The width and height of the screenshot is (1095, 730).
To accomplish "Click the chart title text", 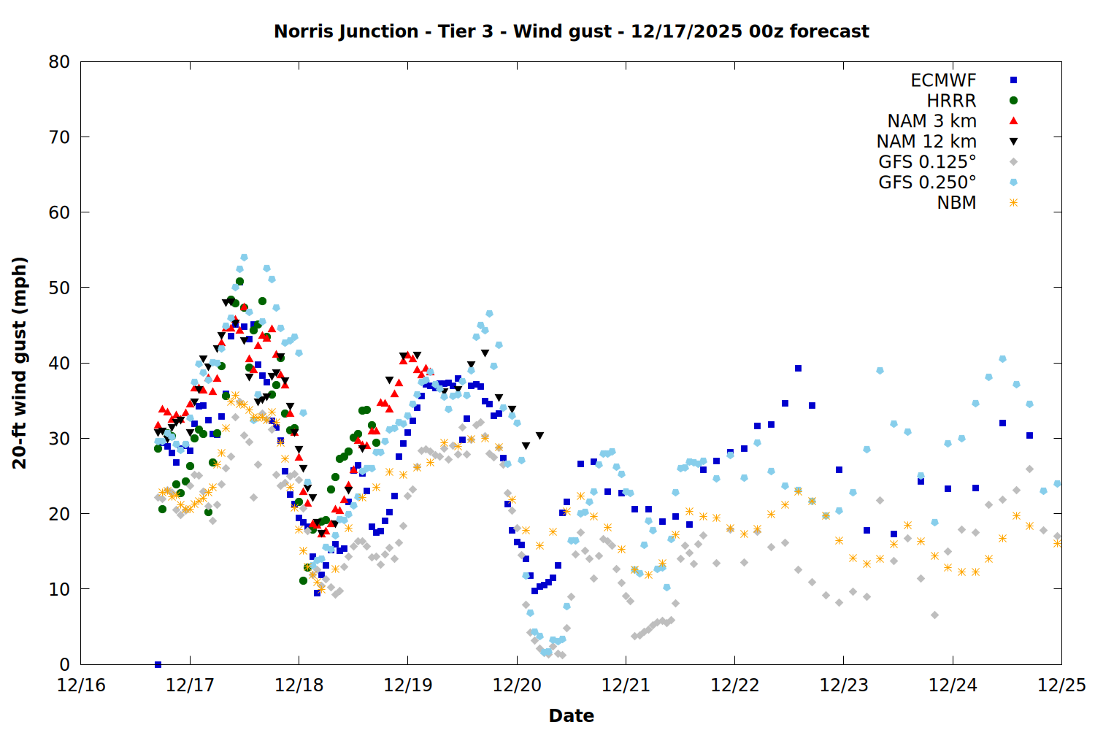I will (571, 31).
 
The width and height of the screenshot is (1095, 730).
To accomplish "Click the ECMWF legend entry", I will (943, 80).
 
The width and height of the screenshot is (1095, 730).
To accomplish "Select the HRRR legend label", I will (951, 101).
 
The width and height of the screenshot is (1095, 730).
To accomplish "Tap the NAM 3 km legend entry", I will (931, 121).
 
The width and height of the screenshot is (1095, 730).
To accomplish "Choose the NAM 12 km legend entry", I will (926, 142).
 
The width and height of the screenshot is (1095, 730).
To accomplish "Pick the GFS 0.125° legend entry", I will (927, 162).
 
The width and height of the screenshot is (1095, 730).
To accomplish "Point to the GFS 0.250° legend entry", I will (927, 182).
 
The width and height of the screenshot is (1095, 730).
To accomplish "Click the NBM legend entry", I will (956, 203).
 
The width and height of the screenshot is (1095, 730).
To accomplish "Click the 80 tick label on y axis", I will (59, 62).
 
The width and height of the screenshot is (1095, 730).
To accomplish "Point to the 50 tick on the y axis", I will (59, 288).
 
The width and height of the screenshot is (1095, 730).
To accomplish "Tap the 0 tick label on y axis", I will (65, 664).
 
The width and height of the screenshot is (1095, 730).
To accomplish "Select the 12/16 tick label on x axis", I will (81, 685).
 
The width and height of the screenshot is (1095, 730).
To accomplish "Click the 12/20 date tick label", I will (517, 685).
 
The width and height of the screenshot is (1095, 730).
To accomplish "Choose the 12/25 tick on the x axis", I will (1061, 685).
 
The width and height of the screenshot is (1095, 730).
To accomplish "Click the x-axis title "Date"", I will (571, 715).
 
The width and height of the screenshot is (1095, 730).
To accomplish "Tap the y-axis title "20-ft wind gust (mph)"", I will (20, 363).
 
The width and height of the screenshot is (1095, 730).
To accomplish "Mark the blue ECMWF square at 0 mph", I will (158, 664).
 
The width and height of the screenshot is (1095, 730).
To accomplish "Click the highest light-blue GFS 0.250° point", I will (244, 258).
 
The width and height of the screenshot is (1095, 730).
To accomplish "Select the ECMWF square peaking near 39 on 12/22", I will (798, 369).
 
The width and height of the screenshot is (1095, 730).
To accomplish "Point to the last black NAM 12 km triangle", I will (539, 436).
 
